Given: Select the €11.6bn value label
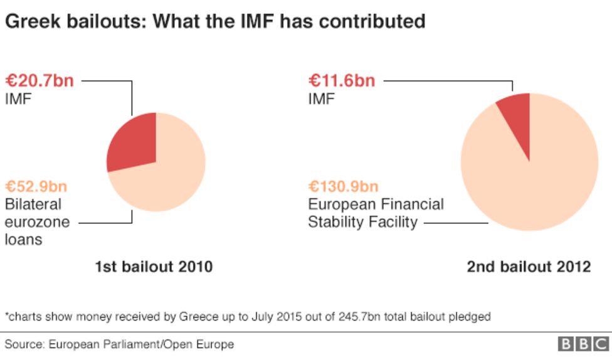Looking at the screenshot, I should pyautogui.click(x=342, y=80).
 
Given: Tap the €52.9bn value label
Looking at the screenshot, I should pyautogui.click(x=36, y=186).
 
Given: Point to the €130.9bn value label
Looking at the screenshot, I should pyautogui.click(x=343, y=186).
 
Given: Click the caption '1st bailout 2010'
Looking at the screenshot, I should pyautogui.click(x=154, y=267).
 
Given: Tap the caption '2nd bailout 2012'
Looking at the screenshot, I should pyautogui.click(x=528, y=267).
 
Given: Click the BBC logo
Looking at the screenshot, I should pyautogui.click(x=583, y=344).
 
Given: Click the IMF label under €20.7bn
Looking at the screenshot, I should pyautogui.click(x=19, y=98).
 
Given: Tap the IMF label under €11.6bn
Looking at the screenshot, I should pyautogui.click(x=322, y=98).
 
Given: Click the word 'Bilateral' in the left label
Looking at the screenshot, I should pyautogui.click(x=33, y=204).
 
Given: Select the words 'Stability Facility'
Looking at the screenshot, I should pyautogui.click(x=362, y=223).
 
